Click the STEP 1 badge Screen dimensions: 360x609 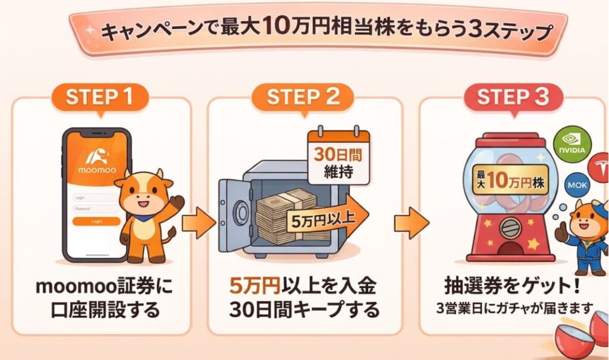click(99, 97)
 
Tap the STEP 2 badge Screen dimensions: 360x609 click(303, 97)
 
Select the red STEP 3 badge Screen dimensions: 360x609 click(513, 97)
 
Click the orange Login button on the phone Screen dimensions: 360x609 click(96, 221)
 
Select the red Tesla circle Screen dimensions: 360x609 click(599, 165)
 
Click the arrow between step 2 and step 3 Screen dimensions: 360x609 click(410, 224)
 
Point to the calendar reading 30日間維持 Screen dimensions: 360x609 click(337, 156)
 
